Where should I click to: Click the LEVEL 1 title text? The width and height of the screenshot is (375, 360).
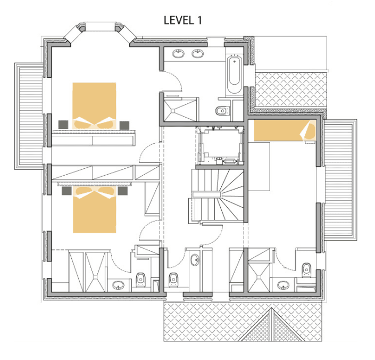(183, 20)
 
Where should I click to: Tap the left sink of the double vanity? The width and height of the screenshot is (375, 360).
(178, 53)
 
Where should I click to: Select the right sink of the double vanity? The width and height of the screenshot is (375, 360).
(197, 53)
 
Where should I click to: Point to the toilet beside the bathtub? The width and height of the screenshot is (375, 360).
(222, 111)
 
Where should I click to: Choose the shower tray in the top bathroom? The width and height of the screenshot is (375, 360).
(181, 110)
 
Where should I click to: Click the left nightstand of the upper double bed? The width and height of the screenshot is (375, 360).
(63, 125)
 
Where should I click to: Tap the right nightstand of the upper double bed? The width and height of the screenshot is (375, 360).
(124, 125)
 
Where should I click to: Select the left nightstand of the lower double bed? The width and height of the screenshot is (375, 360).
(66, 191)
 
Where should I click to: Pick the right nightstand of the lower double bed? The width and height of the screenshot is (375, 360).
(123, 191)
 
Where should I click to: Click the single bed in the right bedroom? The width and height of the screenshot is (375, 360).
(285, 130)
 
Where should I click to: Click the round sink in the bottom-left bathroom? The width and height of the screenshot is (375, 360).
(119, 285)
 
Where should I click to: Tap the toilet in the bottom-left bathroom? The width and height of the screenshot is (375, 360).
(140, 280)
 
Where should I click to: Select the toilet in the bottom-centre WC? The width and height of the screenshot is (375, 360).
(173, 280)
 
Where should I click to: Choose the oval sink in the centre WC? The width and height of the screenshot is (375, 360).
(195, 260)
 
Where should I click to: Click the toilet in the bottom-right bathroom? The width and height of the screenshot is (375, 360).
(306, 270)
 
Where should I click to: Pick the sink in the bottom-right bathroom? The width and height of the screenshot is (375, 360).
(284, 285)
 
